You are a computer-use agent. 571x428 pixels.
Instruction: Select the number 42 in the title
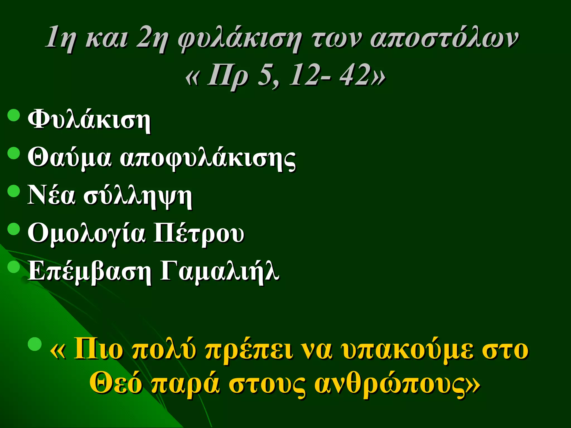(355, 75)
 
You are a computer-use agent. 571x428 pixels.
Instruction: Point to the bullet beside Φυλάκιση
(14, 115)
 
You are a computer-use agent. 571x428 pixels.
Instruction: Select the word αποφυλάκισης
(208, 159)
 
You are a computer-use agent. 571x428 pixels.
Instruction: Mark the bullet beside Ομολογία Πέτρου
(14, 229)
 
